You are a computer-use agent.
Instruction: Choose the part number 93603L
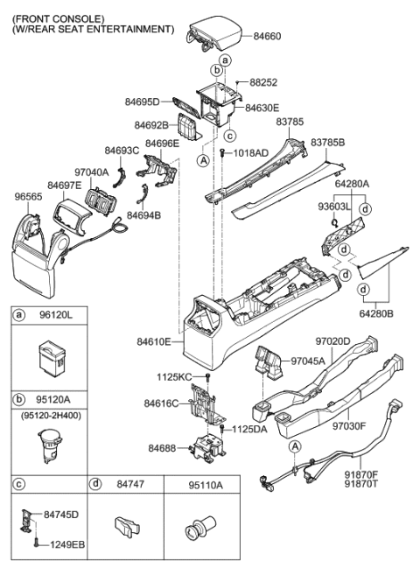(333, 206)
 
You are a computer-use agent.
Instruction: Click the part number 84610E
(160, 342)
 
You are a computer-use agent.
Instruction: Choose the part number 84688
(163, 448)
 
